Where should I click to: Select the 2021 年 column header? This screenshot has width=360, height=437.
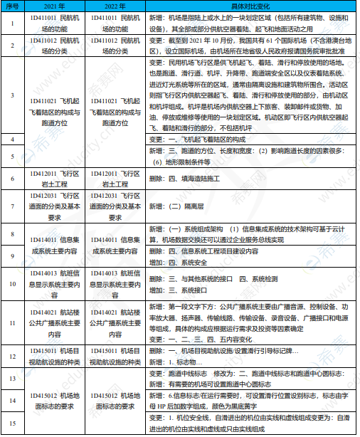[54, 6]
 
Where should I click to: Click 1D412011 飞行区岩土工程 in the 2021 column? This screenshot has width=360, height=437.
[54, 179]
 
